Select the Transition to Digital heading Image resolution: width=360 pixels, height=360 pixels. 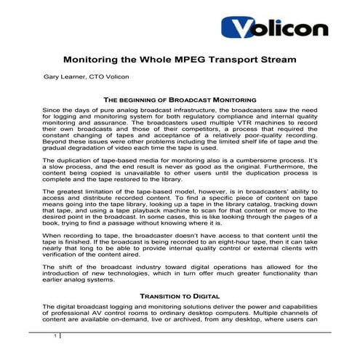coord(180,297)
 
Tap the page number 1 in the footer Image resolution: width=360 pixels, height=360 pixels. coord(55,337)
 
